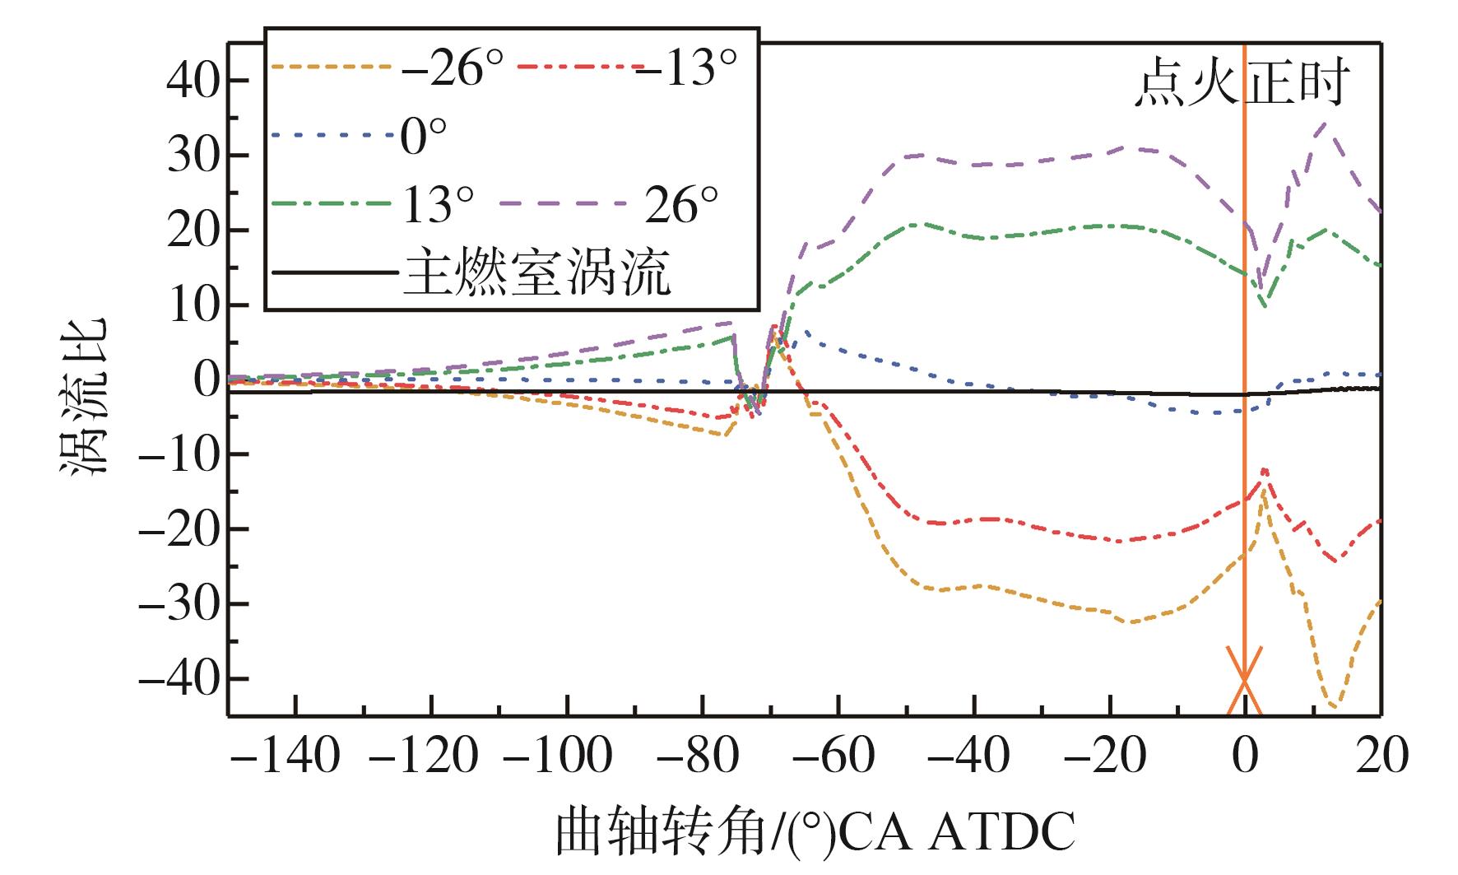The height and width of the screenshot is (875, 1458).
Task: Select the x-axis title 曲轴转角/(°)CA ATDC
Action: (815, 832)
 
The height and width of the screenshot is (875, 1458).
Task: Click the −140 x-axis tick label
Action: (285, 755)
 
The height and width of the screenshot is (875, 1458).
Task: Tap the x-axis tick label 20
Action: (1382, 755)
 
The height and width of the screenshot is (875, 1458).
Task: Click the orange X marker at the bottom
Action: (1244, 681)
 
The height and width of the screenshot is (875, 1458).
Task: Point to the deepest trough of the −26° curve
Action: (1334, 705)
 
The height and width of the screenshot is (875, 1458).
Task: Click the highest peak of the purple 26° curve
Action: (1325, 123)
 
